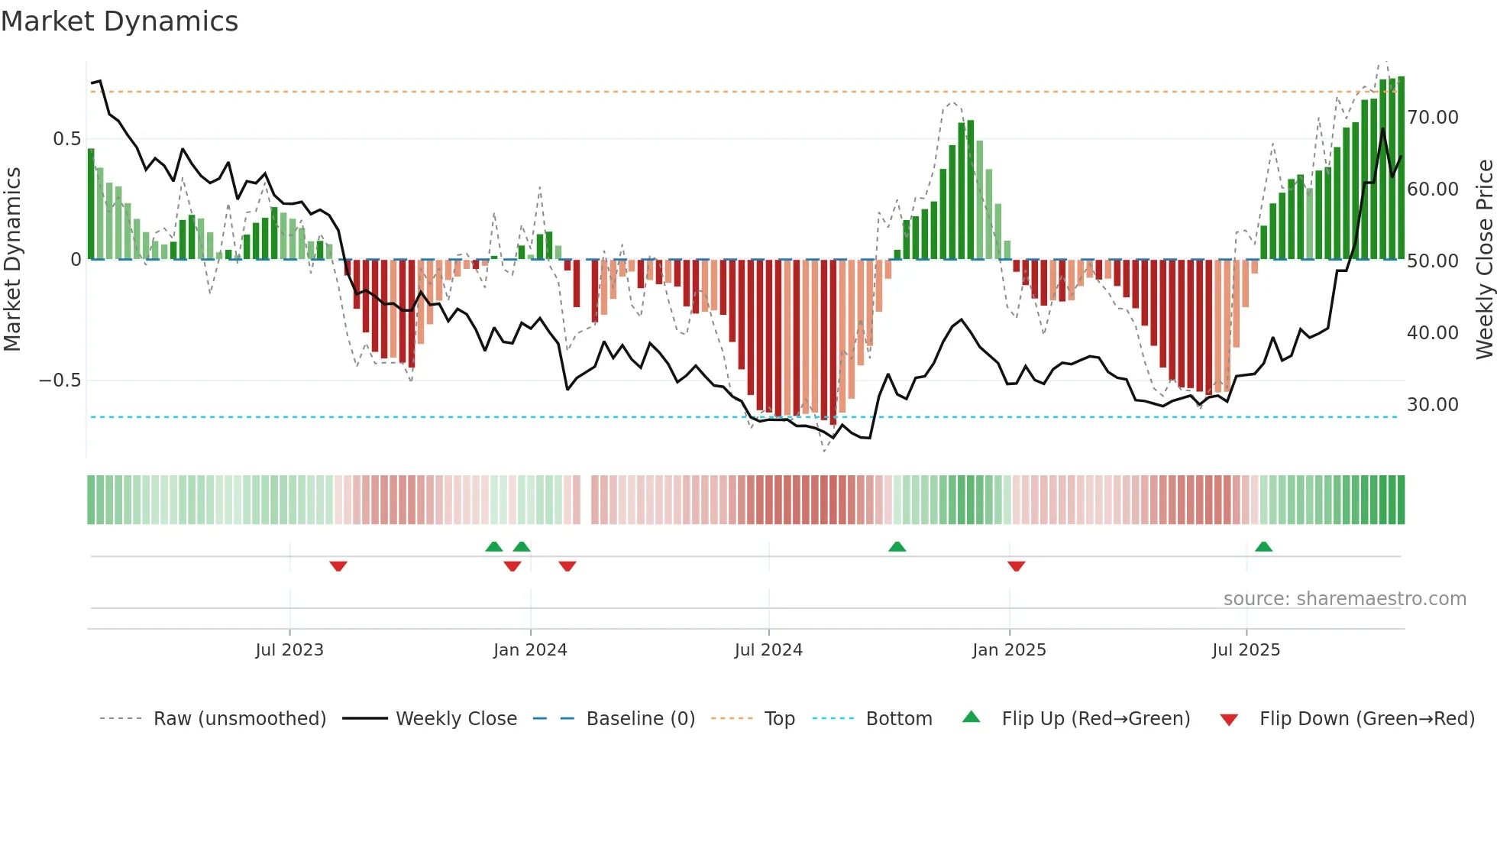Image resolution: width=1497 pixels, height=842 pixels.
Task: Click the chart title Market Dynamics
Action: pos(119,21)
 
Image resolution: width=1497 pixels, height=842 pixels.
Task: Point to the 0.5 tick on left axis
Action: pos(66,139)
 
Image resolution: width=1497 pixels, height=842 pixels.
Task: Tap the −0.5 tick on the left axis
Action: pos(60,381)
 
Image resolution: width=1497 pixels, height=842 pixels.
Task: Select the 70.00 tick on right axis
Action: pos(1433,118)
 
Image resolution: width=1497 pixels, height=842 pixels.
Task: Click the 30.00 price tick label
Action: pos(1433,405)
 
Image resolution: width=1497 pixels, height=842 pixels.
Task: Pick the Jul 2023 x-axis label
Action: pos(289,650)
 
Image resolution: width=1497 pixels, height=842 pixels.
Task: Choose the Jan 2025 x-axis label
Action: pos(1009,650)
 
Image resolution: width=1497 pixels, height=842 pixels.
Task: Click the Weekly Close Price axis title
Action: pos(1484,260)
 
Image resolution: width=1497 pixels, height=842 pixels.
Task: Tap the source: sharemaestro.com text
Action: pos(1344,599)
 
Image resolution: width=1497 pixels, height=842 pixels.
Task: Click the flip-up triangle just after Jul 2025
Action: pos(1263,546)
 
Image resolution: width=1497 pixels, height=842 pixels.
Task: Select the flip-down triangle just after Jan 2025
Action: pos(1016,566)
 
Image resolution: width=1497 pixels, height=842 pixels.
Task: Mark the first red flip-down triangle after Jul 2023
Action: pos(338,566)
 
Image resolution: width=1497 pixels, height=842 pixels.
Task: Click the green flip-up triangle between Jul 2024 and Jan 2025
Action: pos(897,546)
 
